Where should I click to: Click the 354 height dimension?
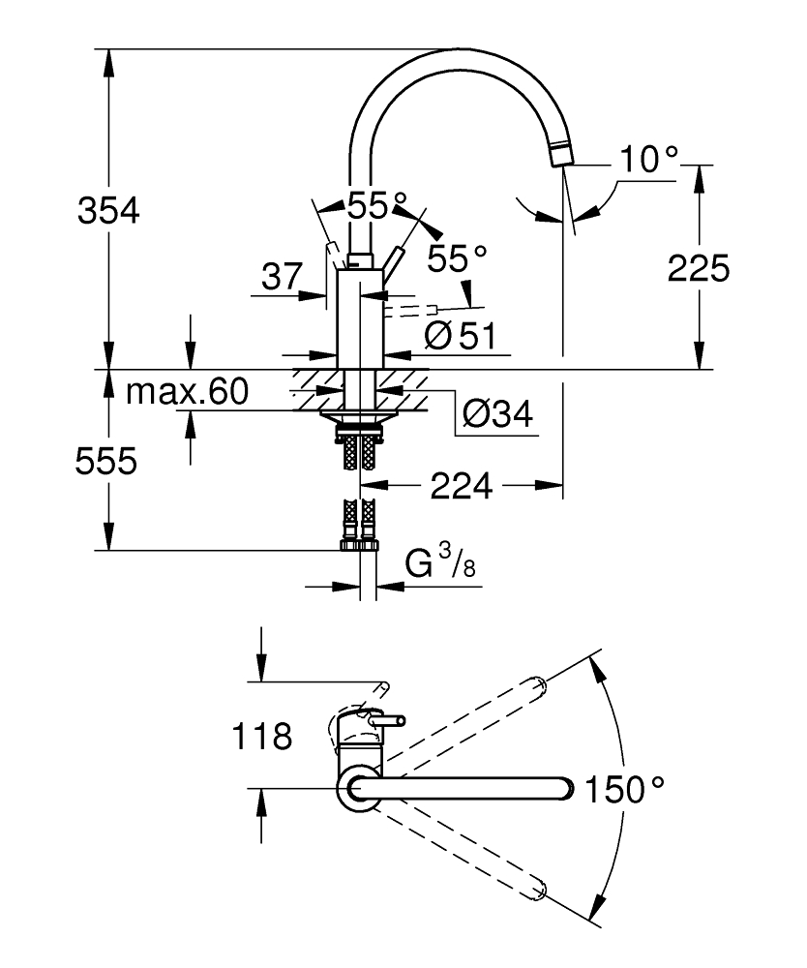107,209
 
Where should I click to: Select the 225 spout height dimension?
698,269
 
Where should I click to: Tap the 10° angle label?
648,160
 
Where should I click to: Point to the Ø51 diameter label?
460,336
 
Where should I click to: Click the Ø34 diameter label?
497,414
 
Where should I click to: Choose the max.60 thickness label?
188,392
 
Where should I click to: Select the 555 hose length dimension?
107,462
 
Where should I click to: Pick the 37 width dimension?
282,278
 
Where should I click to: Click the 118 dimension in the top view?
261,738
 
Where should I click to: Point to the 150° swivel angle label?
625,790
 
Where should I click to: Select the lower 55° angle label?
457,257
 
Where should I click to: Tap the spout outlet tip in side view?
560,155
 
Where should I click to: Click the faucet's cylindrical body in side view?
359,319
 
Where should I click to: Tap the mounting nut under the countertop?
359,418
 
